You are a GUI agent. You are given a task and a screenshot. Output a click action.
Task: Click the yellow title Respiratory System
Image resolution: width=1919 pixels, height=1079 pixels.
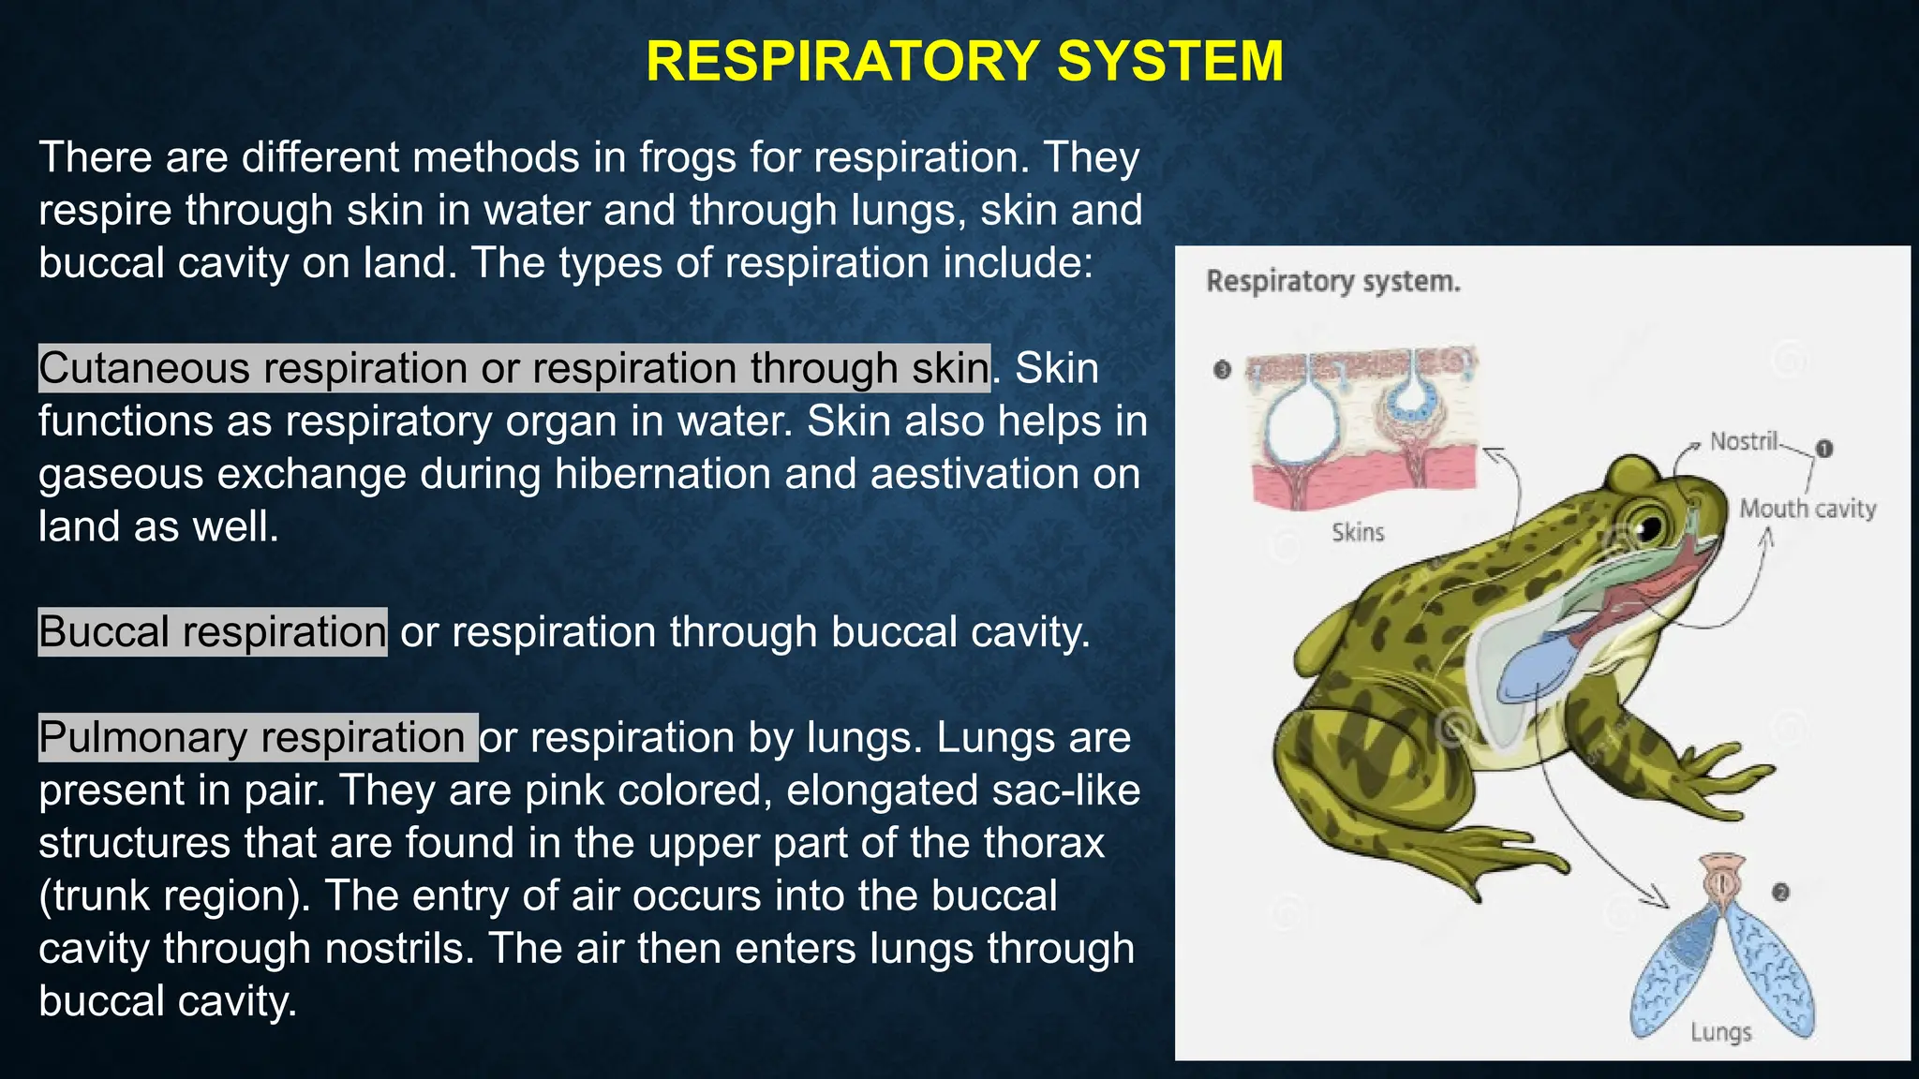964,62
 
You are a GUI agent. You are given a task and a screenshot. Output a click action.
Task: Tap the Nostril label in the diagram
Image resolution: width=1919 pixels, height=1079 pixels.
1743,441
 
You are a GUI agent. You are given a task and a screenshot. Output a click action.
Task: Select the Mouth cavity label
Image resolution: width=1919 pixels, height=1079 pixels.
1807,509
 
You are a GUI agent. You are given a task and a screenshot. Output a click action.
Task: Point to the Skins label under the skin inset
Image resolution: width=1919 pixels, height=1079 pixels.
1358,533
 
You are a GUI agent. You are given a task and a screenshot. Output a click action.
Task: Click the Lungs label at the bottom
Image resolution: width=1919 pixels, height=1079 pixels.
1720,1032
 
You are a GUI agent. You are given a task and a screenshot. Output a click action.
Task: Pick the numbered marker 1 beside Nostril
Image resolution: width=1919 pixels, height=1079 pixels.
1823,449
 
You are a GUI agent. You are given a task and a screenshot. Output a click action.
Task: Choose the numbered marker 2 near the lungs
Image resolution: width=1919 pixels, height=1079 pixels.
1780,893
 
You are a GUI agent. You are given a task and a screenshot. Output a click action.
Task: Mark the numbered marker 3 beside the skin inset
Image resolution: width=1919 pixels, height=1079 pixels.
1222,370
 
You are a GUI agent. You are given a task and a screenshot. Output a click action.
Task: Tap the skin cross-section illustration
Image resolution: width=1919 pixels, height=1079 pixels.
1363,426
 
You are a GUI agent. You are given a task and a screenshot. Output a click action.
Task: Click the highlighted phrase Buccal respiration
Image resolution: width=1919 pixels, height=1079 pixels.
213,632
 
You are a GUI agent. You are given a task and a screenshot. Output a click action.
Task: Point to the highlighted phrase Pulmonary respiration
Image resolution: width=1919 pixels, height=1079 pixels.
253,738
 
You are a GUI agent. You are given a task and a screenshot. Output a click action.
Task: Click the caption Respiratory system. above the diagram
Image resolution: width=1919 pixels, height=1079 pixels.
1332,281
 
